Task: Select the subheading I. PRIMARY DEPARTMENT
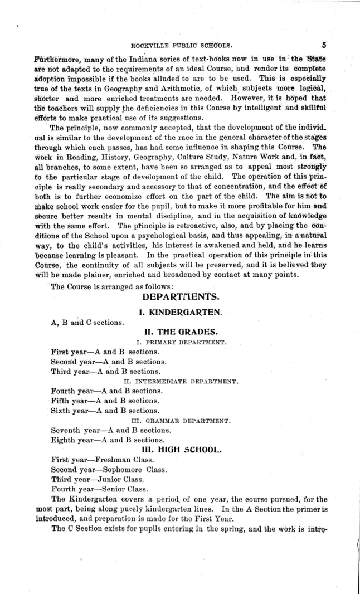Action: [x=181, y=342]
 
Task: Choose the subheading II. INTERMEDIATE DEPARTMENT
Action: [x=181, y=382]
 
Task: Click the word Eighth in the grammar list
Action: [x=62, y=440]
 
